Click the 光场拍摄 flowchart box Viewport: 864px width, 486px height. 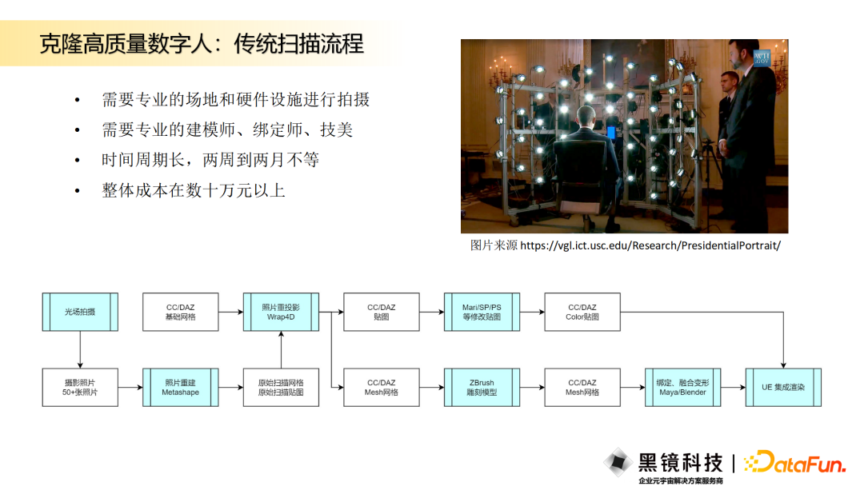click(80, 312)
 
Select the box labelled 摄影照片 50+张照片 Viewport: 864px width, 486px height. click(80, 388)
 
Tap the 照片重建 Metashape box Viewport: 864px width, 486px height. click(181, 388)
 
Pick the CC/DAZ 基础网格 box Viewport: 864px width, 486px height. click(181, 312)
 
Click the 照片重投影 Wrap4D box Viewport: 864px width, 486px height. click(281, 312)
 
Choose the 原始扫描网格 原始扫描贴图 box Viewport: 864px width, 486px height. click(281, 388)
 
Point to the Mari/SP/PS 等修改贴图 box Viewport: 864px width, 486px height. click(482, 312)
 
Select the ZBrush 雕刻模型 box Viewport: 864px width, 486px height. click(482, 388)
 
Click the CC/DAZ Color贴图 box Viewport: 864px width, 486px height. click(582, 312)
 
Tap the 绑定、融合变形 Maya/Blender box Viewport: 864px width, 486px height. click(682, 388)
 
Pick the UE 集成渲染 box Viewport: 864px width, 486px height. click(783, 388)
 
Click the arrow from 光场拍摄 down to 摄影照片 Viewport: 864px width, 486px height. click(80, 349)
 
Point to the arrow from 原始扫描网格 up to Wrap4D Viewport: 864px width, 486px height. click(281, 349)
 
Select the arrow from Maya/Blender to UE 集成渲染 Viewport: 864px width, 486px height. click(734, 388)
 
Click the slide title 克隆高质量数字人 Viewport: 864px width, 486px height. click(126, 43)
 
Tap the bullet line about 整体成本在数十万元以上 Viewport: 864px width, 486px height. click(194, 190)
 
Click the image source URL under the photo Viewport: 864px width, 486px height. click(650, 245)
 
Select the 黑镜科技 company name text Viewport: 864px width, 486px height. click(680, 463)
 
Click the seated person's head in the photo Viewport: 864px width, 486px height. click(585, 117)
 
